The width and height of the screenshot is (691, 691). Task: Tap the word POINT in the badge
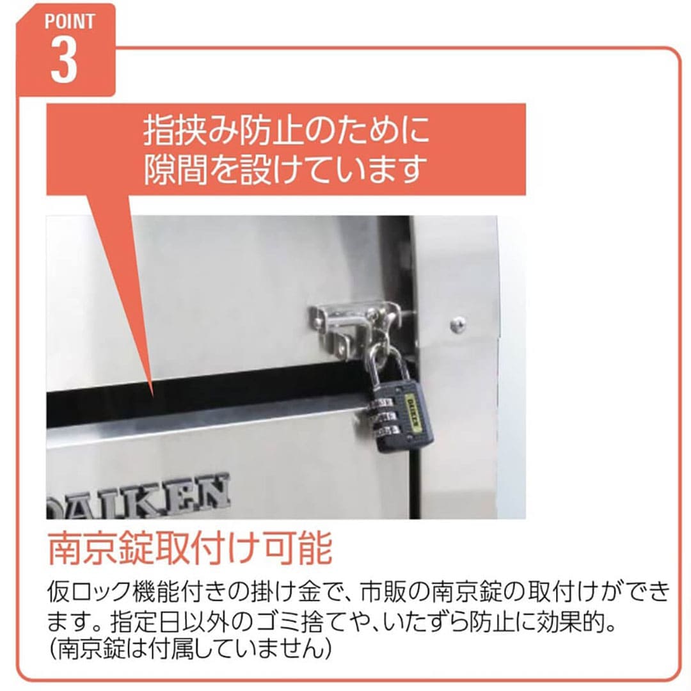(x=70, y=22)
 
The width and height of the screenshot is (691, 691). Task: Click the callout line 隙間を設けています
(x=285, y=169)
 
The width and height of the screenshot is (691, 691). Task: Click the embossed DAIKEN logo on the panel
(x=138, y=496)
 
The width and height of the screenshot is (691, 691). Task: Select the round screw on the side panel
(x=458, y=324)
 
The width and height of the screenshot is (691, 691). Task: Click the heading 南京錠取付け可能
(x=190, y=548)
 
